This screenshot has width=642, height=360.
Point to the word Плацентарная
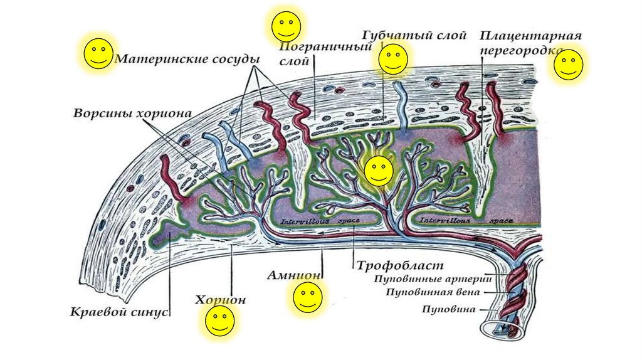pos(530,36)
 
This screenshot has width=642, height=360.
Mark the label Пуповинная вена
pos(433,292)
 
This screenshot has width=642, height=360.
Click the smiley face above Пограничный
pos(286,26)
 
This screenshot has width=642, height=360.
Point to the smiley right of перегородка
pos(568,65)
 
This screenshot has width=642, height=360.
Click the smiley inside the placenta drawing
pos(379,171)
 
